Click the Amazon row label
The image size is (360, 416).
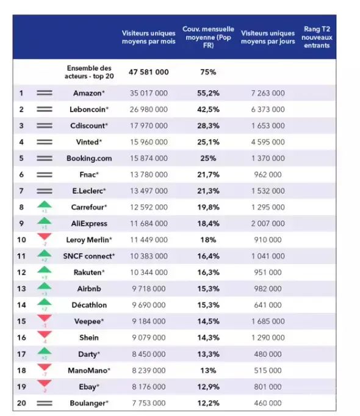coord(89,93)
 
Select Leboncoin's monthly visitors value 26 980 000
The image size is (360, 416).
coord(148,110)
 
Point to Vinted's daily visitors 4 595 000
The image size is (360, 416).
coord(267,142)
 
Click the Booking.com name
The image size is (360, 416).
coord(89,159)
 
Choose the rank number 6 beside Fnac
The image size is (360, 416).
coord(21,174)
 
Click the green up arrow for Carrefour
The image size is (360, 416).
coord(45,206)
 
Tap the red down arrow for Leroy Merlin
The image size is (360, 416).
coord(45,238)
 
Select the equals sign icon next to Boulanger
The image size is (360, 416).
coord(45,403)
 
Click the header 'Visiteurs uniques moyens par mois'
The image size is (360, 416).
coord(148,37)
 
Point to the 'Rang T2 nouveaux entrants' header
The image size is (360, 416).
coord(316,37)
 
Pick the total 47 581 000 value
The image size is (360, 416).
coord(148,72)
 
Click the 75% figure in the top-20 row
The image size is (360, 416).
coord(208,72)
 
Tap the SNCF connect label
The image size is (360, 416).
coord(89,256)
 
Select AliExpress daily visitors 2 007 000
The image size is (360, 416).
coord(267,224)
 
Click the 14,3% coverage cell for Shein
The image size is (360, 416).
coord(207,337)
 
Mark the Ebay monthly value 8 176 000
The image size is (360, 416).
coord(148,387)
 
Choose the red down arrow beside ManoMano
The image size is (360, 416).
coord(45,368)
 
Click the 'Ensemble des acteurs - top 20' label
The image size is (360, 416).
coord(89,72)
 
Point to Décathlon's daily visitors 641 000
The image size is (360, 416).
coord(267,305)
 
